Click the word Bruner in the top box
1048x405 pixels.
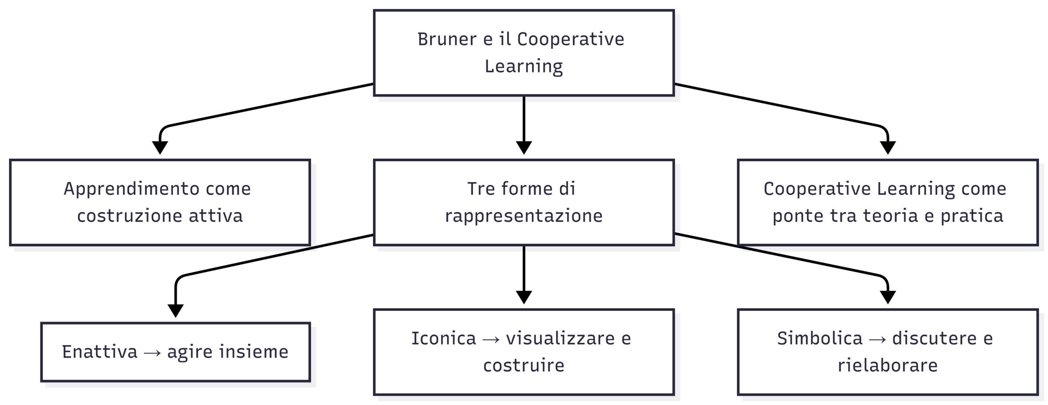pyautogui.click(x=447, y=39)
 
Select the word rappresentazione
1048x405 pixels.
pyautogui.click(x=524, y=216)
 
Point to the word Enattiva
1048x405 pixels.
pyautogui.click(x=99, y=352)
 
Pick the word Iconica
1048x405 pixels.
pyautogui.click(x=443, y=338)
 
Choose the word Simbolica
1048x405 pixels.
pyautogui.click(x=820, y=338)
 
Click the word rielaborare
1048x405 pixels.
pyautogui.click(x=888, y=365)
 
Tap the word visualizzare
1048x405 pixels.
pyautogui.click(x=560, y=338)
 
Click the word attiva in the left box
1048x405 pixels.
pyautogui.click(x=216, y=216)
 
